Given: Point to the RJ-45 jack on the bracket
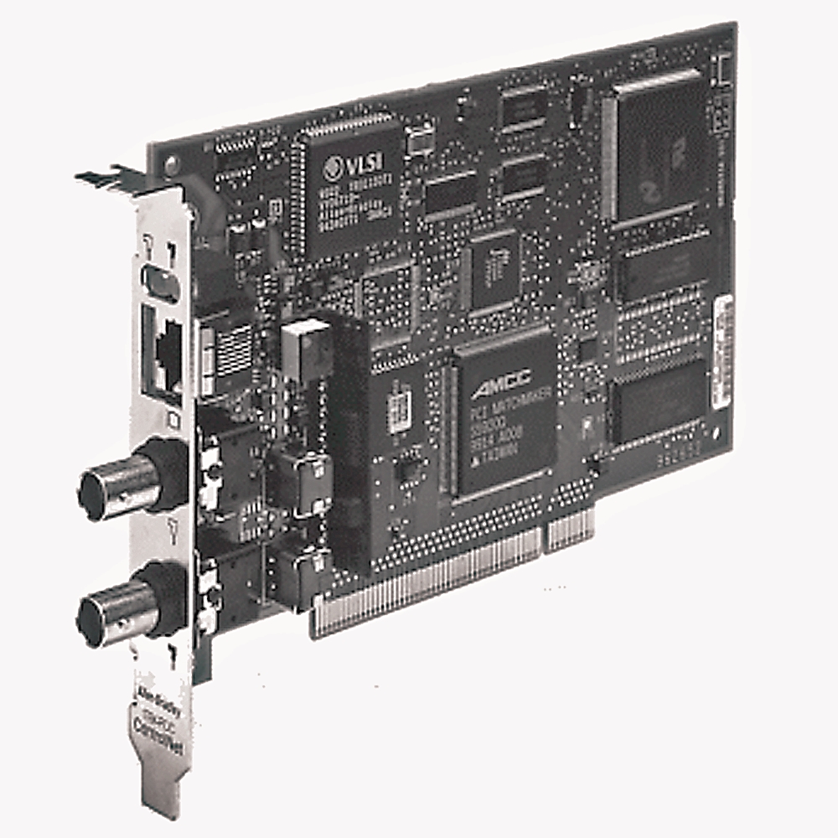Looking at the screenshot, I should [163, 351].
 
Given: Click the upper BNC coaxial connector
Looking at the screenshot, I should [126, 479].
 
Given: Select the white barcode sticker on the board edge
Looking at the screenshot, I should [722, 352].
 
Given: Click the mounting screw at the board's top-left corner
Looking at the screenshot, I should [172, 165].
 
